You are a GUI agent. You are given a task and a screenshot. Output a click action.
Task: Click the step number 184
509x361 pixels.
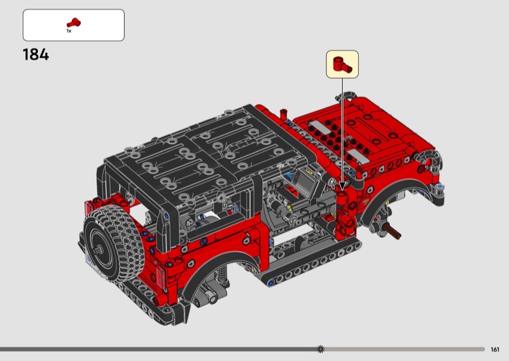click(36, 55)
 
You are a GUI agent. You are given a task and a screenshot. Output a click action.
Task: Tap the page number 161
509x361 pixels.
click(495, 350)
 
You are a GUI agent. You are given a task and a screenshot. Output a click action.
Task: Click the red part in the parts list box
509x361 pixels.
click(74, 23)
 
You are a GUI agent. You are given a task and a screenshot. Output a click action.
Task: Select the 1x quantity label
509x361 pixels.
click(69, 31)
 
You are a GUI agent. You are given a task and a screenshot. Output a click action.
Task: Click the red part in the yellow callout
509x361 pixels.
click(342, 64)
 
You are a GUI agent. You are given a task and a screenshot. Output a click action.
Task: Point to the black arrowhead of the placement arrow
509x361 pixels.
click(342, 186)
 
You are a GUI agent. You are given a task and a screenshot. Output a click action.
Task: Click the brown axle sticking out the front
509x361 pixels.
click(392, 231)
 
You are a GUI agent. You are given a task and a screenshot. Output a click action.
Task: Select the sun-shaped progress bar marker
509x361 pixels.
click(321, 349)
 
